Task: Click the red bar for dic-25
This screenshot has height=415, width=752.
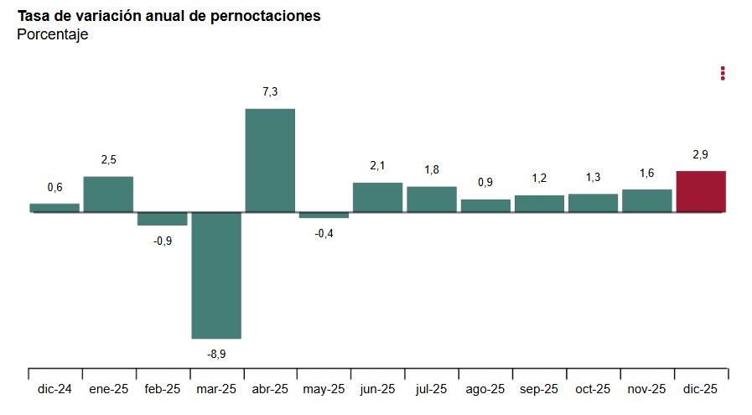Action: (701, 191)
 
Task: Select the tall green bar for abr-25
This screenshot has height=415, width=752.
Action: (270, 160)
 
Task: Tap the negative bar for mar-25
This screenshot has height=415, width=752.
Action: (216, 275)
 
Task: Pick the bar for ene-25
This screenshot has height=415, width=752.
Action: (108, 194)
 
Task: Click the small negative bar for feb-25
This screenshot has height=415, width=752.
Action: (162, 219)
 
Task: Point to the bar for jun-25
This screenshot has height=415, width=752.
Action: (377, 197)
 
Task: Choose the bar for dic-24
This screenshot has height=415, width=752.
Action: (54, 207)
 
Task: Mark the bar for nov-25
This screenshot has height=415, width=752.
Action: (647, 200)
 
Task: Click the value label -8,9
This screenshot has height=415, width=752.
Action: (216, 354)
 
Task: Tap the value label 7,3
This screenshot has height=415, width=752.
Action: (270, 92)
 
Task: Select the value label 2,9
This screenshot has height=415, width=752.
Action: (701, 154)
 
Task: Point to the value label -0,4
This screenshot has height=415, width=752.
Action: (324, 233)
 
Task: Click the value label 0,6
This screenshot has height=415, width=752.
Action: (54, 187)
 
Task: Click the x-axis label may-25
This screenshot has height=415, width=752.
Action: (324, 389)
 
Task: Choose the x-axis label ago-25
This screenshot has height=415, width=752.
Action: (485, 389)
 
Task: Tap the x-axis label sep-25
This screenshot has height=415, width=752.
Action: (539, 389)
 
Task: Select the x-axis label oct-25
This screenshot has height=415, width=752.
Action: (593, 389)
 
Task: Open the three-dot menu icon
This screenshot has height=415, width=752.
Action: (723, 74)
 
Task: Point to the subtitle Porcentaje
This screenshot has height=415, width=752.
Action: (52, 34)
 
